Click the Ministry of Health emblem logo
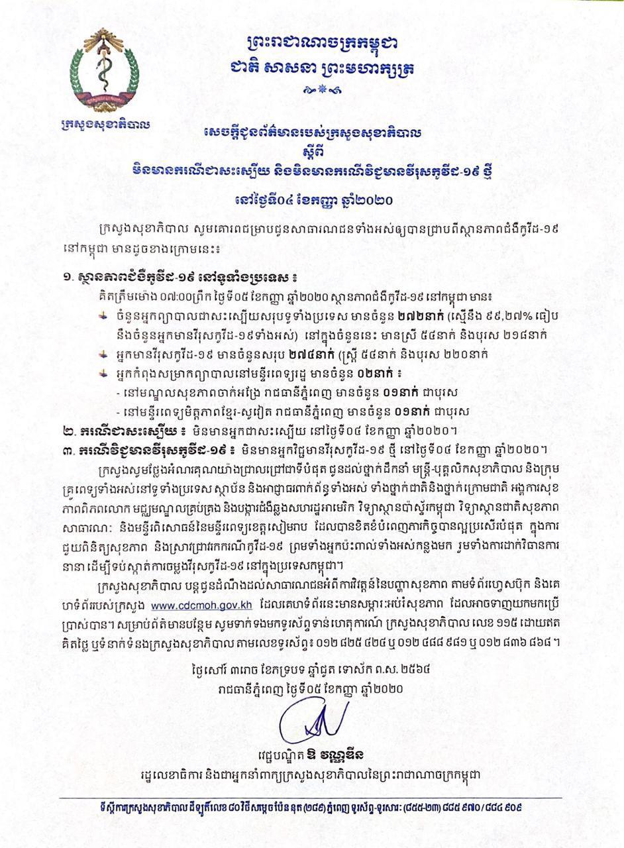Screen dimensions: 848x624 click(105, 73)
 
